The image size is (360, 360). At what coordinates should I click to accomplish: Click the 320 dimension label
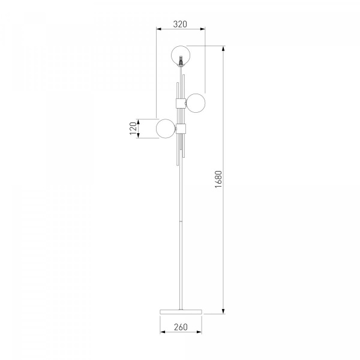tap(180, 24)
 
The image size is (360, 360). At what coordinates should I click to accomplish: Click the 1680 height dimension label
tap(218, 179)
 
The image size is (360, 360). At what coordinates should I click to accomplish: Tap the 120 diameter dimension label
tap(133, 128)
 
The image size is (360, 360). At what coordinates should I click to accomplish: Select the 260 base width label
tap(181, 327)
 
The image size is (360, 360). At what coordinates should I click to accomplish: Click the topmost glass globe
tap(181, 46)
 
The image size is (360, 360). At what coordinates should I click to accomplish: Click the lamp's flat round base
tap(181, 311)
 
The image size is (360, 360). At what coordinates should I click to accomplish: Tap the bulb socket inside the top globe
tap(181, 60)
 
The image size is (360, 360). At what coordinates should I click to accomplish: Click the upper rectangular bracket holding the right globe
tap(181, 103)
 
